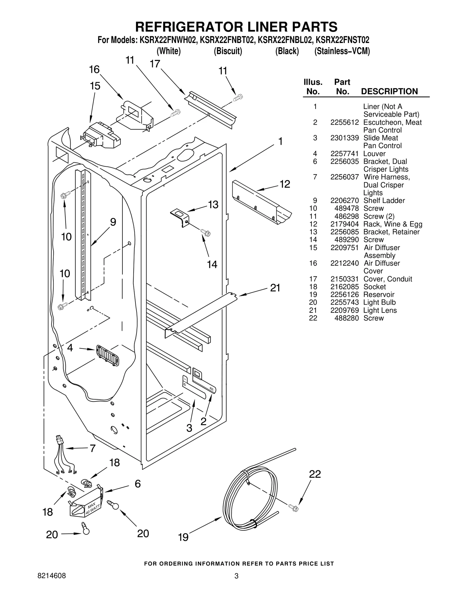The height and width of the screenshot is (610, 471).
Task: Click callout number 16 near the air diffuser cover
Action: pyautogui.click(x=94, y=70)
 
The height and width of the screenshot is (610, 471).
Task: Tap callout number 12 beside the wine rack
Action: pyautogui.click(x=285, y=184)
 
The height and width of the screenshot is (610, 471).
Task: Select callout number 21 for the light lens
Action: pyautogui.click(x=275, y=288)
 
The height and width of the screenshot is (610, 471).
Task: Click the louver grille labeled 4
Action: pyautogui.click(x=107, y=356)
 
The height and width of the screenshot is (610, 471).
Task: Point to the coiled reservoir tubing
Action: pyautogui.click(x=250, y=498)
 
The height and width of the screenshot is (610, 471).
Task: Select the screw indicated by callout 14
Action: pyautogui.click(x=205, y=233)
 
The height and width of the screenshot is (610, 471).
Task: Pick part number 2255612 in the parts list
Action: pyautogui.click(x=344, y=123)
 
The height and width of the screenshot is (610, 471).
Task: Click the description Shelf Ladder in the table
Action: pyautogui.click(x=384, y=201)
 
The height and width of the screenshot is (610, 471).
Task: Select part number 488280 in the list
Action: pyautogui.click(x=346, y=318)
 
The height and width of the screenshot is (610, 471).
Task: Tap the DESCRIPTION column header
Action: pyautogui.click(x=389, y=91)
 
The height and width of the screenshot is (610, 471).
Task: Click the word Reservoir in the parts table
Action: pyautogui.click(x=379, y=295)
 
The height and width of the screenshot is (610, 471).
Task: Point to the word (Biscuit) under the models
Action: pyautogui.click(x=228, y=51)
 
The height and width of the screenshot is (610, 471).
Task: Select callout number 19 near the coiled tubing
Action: pyautogui.click(x=183, y=537)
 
